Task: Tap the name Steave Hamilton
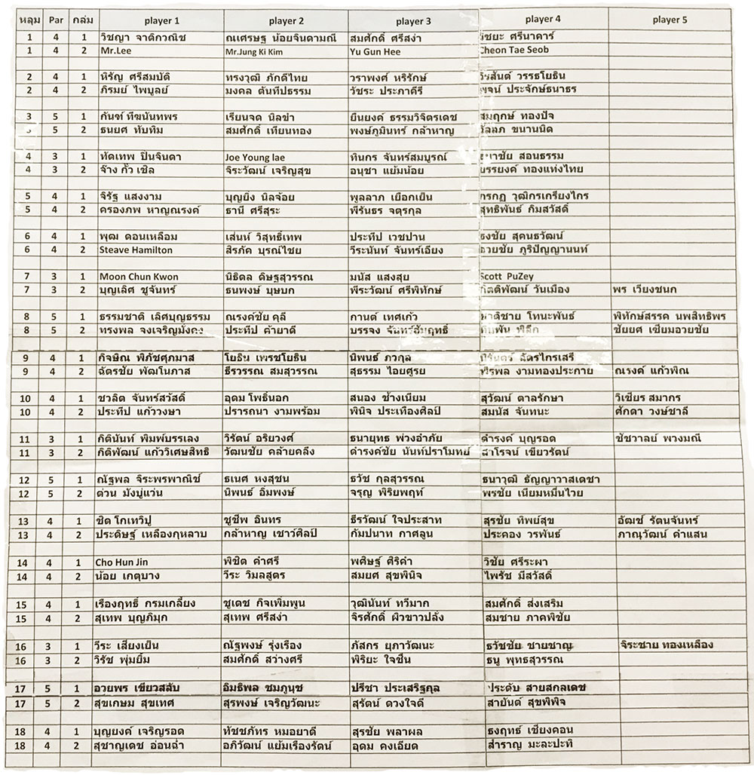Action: [136, 250]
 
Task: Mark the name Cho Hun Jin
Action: [127, 562]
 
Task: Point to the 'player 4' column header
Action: [543, 19]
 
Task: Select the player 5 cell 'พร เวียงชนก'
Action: [645, 289]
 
